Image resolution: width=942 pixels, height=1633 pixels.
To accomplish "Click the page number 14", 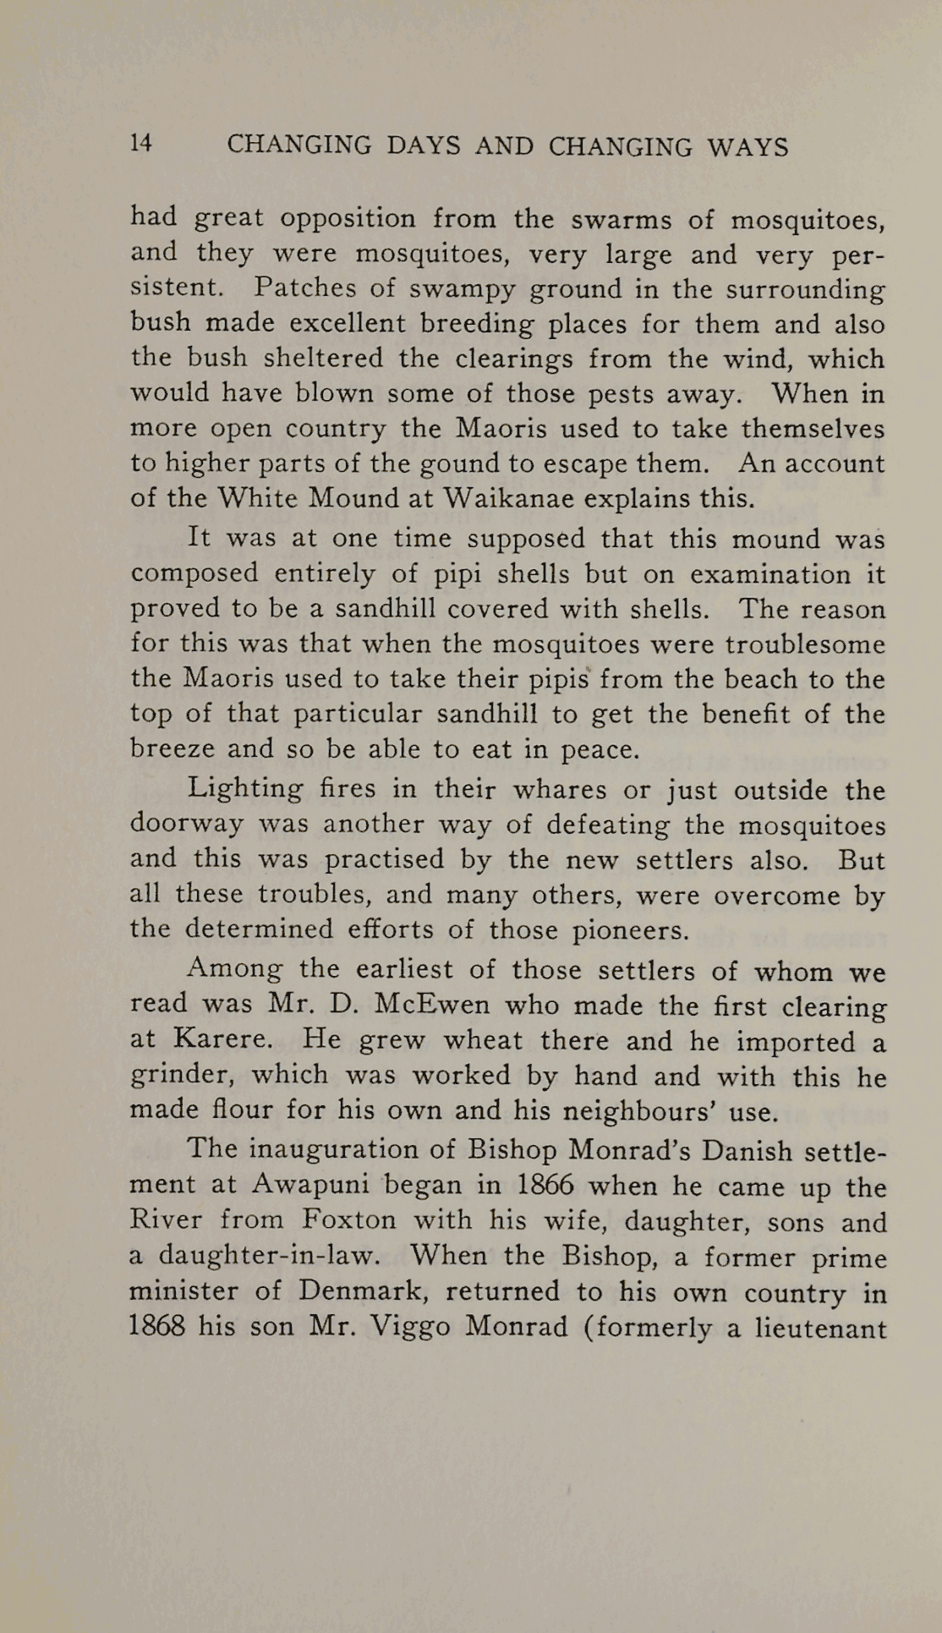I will tap(141, 144).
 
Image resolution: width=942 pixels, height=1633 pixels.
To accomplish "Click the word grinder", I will tap(181, 1076).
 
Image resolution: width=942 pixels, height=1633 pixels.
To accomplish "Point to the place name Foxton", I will tap(349, 1221).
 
